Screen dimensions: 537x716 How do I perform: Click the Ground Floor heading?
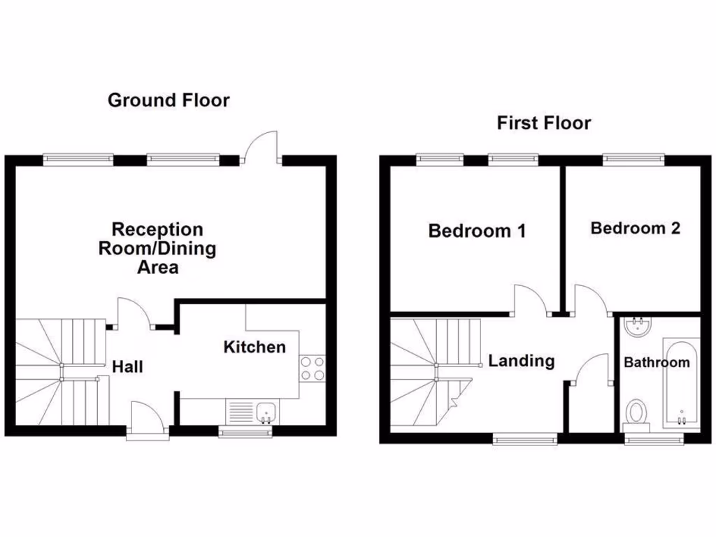pyautogui.click(x=169, y=101)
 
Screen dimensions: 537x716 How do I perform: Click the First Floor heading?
pyautogui.click(x=543, y=124)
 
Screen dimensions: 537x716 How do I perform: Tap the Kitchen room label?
pyautogui.click(x=255, y=347)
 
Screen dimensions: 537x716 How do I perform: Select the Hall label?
pyautogui.click(x=128, y=366)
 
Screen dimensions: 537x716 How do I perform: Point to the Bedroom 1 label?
pyautogui.click(x=477, y=231)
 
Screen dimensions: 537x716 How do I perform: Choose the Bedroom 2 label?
pyautogui.click(x=635, y=228)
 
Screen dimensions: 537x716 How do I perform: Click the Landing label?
pyautogui.click(x=521, y=361)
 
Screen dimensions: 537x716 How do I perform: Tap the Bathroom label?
pyautogui.click(x=657, y=363)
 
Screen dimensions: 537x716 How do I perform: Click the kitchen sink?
pyautogui.click(x=266, y=411)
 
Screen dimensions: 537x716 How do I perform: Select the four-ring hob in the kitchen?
pyautogui.click(x=312, y=368)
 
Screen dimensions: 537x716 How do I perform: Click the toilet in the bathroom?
pyautogui.click(x=636, y=413)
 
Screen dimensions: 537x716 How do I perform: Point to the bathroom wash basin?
pyautogui.click(x=636, y=325)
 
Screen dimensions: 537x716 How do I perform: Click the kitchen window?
pyautogui.click(x=245, y=434)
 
